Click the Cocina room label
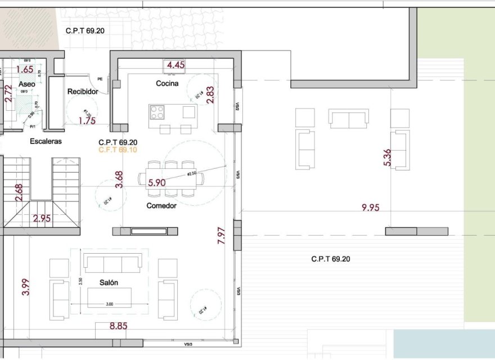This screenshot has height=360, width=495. (167, 83)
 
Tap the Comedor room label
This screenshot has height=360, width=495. (161, 205)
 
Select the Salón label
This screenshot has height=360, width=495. (109, 282)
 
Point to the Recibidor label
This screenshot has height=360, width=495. (83, 91)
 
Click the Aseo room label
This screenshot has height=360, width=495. (26, 84)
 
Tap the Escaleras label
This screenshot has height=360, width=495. (46, 141)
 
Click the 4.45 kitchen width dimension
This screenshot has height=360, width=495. (175, 65)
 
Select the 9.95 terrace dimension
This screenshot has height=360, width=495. (370, 208)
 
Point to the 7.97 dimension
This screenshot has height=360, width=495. (221, 235)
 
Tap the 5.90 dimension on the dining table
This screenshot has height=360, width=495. (157, 182)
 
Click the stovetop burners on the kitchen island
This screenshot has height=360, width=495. (157, 112)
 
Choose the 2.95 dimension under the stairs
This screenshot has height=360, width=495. (43, 219)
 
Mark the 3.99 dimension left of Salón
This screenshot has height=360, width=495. (25, 287)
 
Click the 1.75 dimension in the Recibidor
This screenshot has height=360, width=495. (87, 120)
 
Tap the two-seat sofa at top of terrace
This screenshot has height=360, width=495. (348, 118)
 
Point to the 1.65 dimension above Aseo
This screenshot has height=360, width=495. (25, 70)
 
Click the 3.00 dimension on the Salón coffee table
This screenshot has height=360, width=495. (110, 304)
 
